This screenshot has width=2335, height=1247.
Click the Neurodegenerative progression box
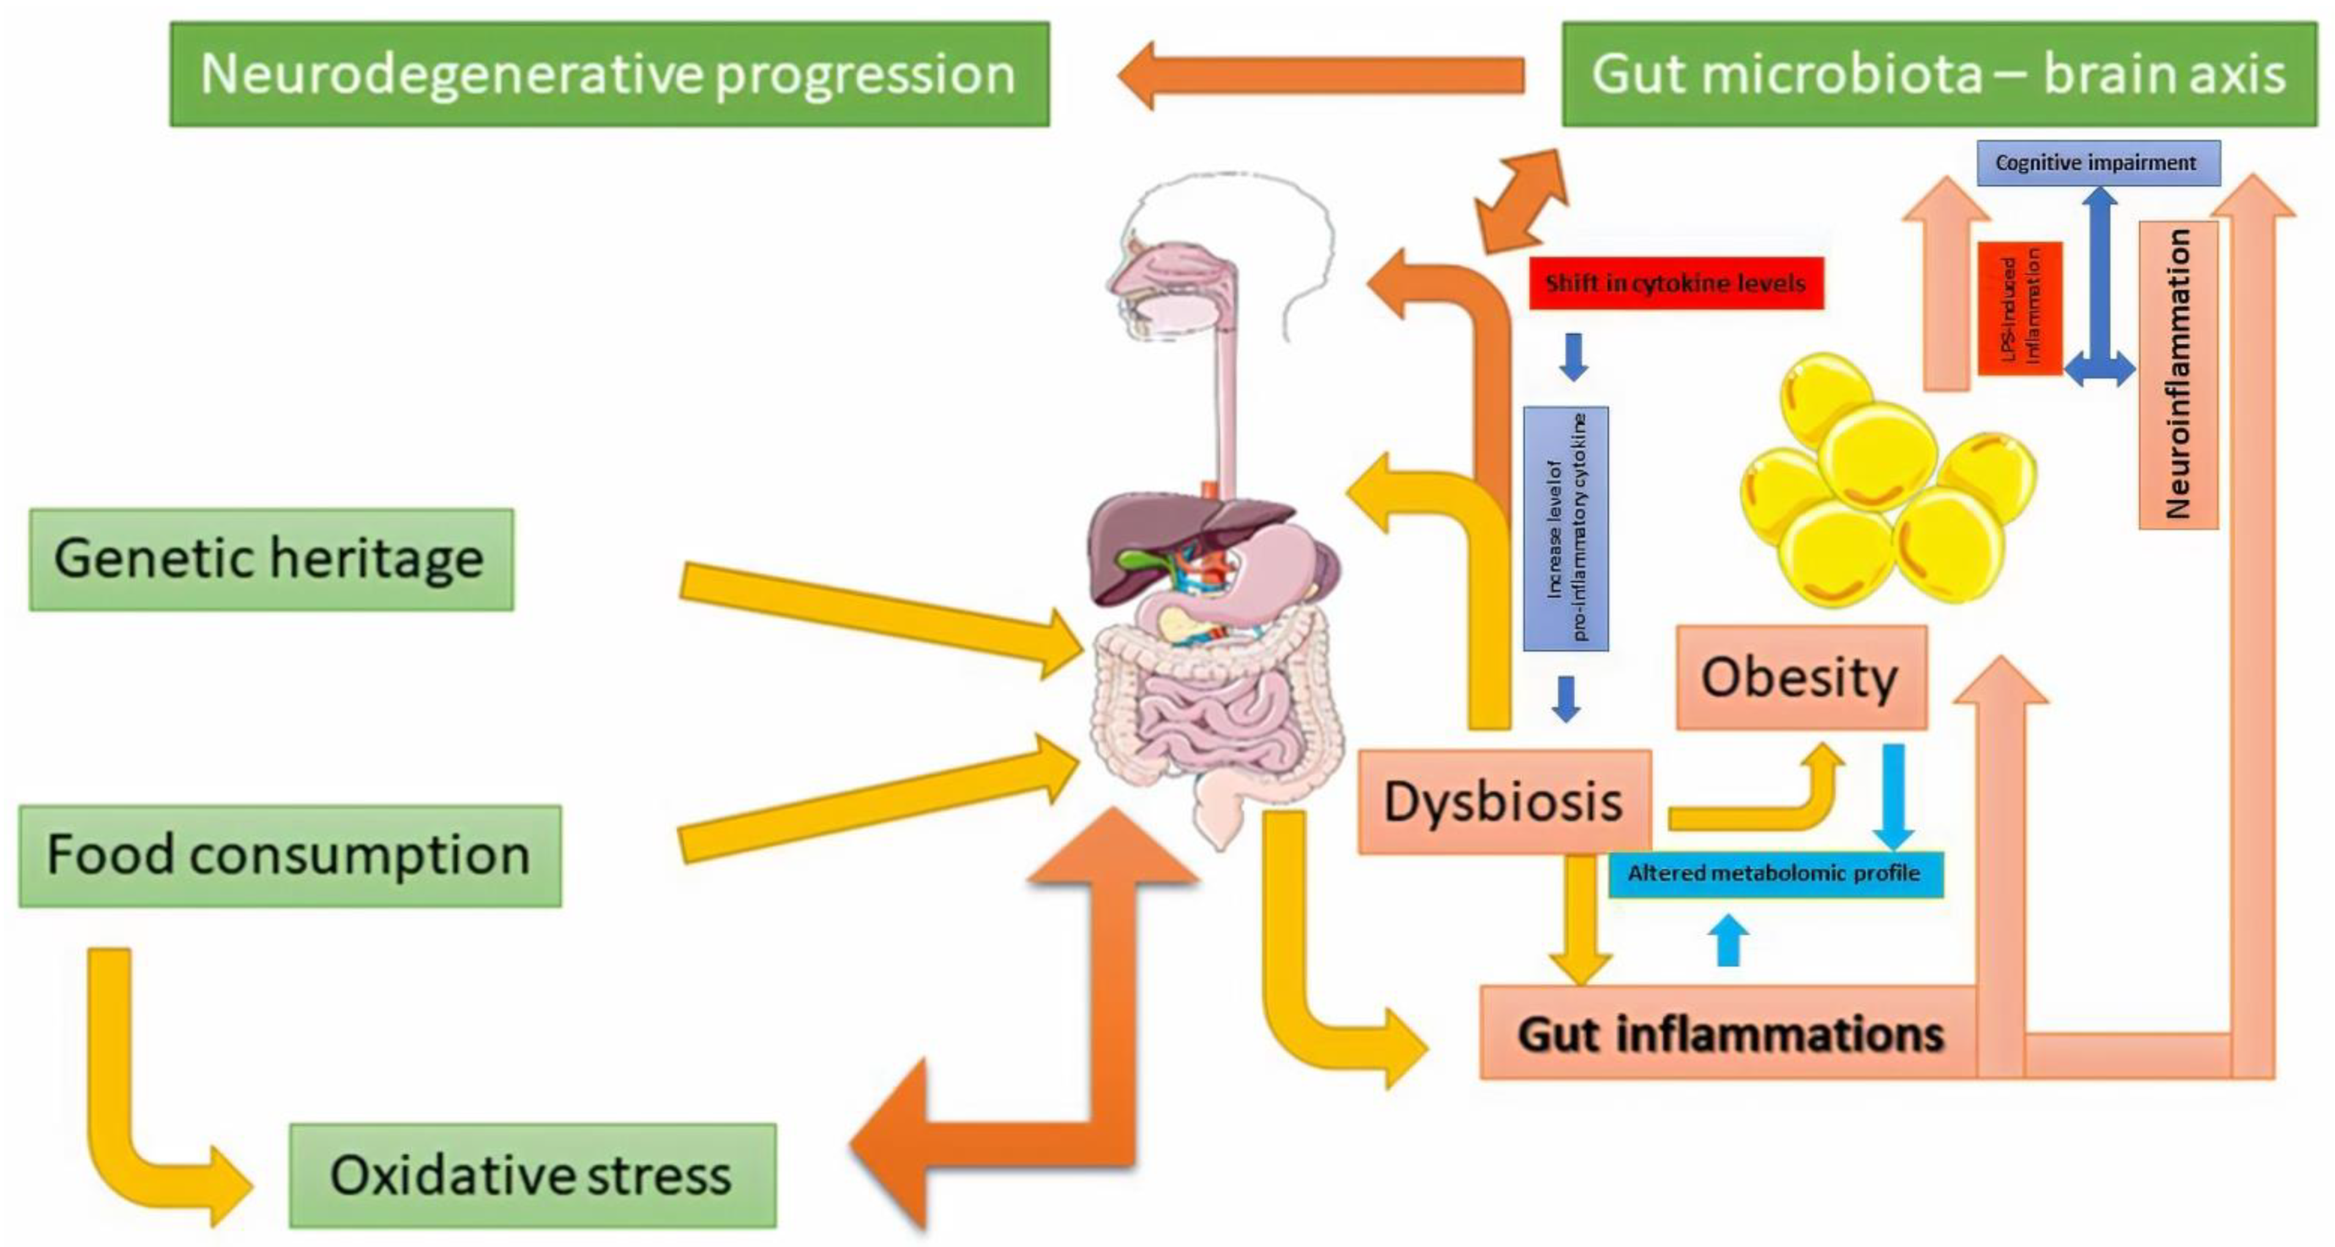pyautogui.click(x=609, y=75)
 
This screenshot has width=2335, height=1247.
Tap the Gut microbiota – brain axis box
pyautogui.click(x=1938, y=75)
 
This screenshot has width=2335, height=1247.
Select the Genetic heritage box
pyautogui.click(x=271, y=559)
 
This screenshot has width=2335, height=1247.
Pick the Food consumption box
pyautogui.click(x=289, y=856)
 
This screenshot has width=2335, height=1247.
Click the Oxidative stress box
pyautogui.click(x=532, y=1175)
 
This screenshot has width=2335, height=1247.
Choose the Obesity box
pyautogui.click(x=1800, y=677)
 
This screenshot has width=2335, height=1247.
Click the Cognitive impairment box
pyautogui.click(x=2098, y=163)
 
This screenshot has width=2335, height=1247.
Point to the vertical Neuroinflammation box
pyautogui.click(x=2177, y=374)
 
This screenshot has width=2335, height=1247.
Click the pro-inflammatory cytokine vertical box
pyautogui.click(x=1565, y=528)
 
